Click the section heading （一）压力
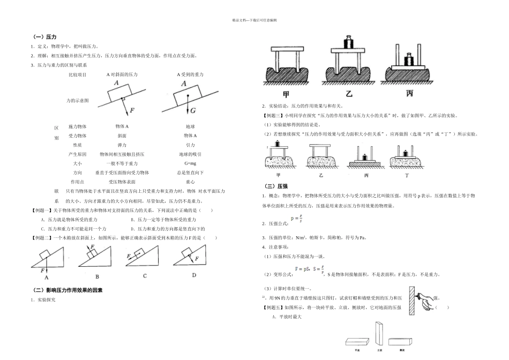coord(41,37)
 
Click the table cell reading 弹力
coord(122,145)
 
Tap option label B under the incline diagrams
coord(97,276)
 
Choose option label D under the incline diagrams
coord(194,275)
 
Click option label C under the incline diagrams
coord(145,276)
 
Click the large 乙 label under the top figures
coord(348,94)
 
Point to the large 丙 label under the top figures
coord(410,94)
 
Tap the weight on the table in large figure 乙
coord(348,42)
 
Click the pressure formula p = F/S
coord(295,219)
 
